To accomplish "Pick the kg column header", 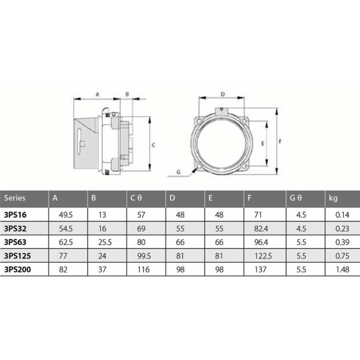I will click(332, 197).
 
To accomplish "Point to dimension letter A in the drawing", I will click(97, 94).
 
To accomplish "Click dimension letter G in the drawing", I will click(178, 172).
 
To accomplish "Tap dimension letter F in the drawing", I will click(280, 141).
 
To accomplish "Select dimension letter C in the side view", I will click(154, 145).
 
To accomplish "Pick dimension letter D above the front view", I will click(222, 94).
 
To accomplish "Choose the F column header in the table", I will click(250, 197).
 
